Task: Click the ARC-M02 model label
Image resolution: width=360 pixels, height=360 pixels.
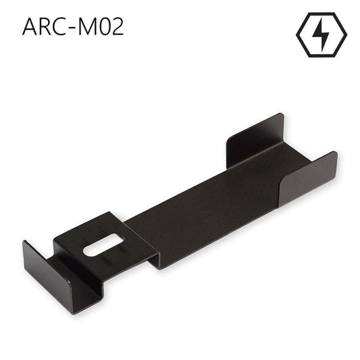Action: click(x=73, y=26)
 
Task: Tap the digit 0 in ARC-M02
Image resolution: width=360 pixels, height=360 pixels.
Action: click(x=106, y=26)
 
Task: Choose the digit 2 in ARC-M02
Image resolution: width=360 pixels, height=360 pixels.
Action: click(x=118, y=26)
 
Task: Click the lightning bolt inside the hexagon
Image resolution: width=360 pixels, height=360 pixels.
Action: click(x=321, y=34)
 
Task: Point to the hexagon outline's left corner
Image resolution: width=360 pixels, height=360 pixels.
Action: click(x=297, y=34)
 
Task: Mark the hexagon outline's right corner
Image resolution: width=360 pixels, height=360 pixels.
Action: click(x=345, y=34)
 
